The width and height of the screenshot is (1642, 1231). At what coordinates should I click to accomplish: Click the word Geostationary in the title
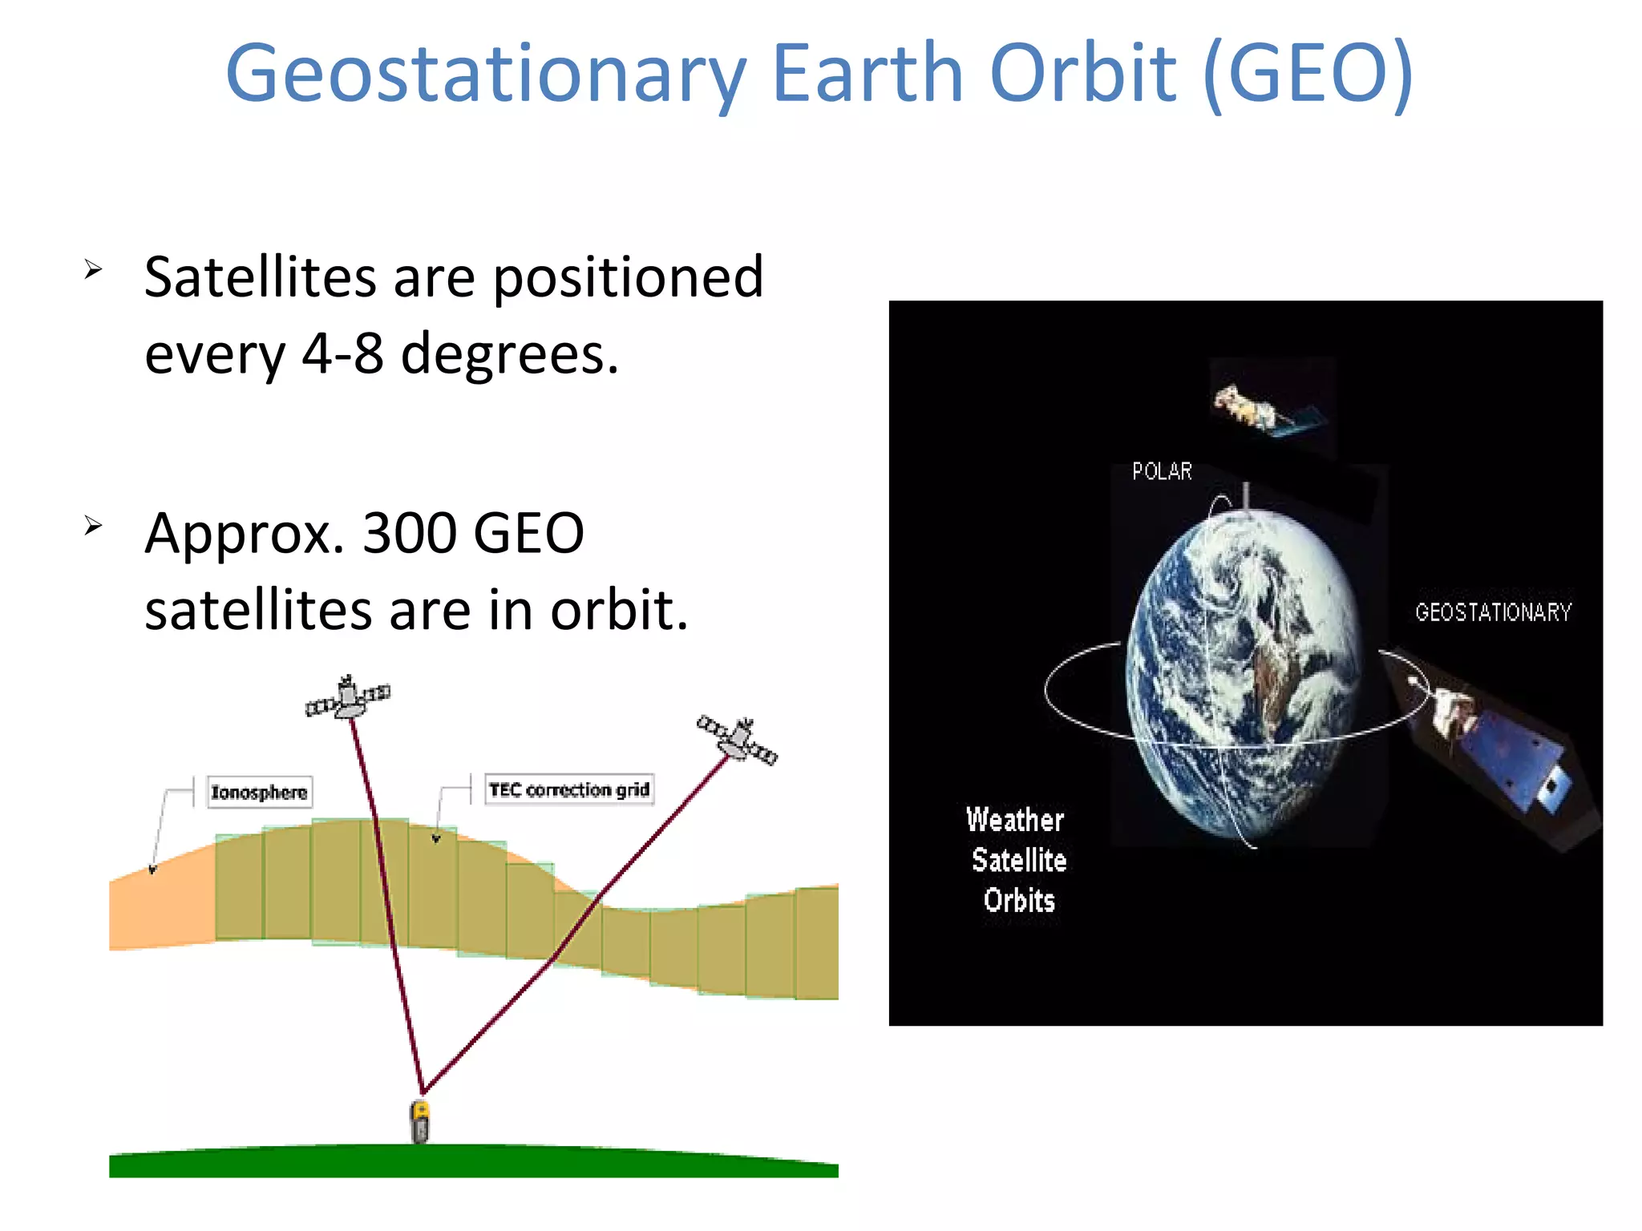(486, 74)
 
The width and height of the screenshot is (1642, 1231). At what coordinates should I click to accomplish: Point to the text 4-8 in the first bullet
(342, 353)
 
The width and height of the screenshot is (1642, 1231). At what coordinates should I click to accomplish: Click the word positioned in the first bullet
(627, 277)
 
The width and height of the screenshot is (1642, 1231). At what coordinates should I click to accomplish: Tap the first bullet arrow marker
(94, 270)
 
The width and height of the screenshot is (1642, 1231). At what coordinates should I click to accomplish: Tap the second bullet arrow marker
(94, 526)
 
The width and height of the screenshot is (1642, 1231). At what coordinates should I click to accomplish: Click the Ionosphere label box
(259, 792)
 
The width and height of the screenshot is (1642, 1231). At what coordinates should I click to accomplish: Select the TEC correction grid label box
(569, 789)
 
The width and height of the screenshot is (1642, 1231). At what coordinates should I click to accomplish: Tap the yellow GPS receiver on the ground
(420, 1120)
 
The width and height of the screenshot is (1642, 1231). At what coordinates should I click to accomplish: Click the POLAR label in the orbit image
(1162, 471)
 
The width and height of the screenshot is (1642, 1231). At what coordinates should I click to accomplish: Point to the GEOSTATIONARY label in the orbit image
(1493, 612)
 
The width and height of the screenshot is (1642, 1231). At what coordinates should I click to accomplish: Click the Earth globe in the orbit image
(1243, 673)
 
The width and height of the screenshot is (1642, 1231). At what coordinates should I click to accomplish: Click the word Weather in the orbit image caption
(1015, 820)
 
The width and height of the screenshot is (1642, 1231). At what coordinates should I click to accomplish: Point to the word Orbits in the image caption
(1019, 900)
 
